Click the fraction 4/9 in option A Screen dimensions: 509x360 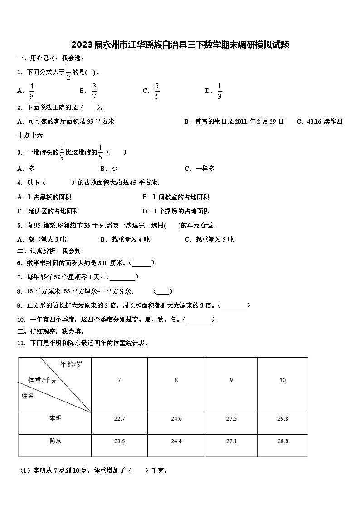(31, 91)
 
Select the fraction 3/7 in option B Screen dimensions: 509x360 (94, 91)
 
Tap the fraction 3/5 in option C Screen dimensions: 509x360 (157, 91)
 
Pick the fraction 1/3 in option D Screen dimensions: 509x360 (219, 91)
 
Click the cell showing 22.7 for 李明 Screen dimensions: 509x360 (120, 419)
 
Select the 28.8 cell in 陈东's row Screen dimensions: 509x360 (282, 441)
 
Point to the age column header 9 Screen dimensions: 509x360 (231, 380)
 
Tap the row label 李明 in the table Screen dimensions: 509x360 (55, 418)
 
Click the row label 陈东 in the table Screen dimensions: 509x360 (55, 441)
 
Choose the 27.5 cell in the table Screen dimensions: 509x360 (231, 419)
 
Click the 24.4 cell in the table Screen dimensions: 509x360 (176, 441)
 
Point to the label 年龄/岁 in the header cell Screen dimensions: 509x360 (71, 364)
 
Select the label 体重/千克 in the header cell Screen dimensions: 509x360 (43, 380)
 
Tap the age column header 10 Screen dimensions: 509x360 (282, 380)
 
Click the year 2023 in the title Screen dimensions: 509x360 (82, 45)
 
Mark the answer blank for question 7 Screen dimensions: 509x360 (122, 277)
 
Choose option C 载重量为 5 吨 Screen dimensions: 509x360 (209, 239)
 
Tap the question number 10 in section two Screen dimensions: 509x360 (21, 320)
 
